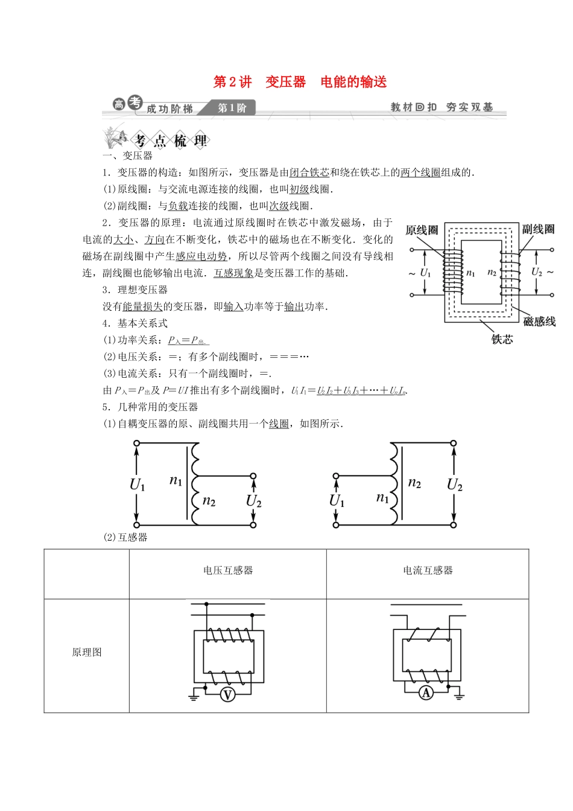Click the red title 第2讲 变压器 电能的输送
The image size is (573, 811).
click(x=300, y=82)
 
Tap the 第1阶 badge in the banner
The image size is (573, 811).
click(x=232, y=108)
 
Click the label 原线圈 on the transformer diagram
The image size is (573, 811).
click(x=422, y=231)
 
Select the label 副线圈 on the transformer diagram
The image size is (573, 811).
click(x=537, y=229)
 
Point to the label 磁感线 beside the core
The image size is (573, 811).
click(x=539, y=322)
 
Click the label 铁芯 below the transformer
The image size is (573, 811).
click(x=502, y=340)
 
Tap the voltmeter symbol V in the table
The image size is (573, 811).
click(x=227, y=695)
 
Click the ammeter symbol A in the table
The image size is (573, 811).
click(x=426, y=693)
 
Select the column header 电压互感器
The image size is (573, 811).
click(x=227, y=570)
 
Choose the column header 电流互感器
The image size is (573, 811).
click(x=428, y=570)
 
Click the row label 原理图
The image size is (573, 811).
click(x=87, y=652)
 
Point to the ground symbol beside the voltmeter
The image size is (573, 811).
click(x=194, y=696)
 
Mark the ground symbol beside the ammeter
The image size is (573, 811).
click(x=459, y=695)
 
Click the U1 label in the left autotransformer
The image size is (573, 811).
click(x=138, y=484)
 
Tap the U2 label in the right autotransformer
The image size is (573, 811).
click(x=454, y=485)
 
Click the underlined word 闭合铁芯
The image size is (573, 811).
click(x=309, y=173)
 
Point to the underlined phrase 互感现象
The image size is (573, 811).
click(x=233, y=273)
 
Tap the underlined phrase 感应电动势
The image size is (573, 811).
click(x=201, y=256)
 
